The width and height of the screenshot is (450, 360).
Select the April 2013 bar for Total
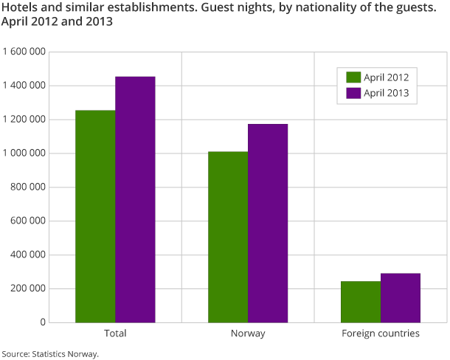[135, 199]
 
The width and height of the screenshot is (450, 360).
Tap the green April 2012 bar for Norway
[228, 237]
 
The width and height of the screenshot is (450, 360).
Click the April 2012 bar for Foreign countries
[361, 302]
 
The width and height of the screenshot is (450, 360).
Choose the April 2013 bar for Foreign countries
[401, 298]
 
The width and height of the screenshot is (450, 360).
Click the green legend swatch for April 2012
[353, 77]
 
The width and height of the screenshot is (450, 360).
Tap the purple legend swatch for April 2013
[353, 94]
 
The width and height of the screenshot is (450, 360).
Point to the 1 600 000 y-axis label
[25, 52]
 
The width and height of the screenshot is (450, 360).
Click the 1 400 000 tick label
[25, 86]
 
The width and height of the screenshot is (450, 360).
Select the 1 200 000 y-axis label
[25, 120]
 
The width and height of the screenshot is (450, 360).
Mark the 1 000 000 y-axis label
[25, 153]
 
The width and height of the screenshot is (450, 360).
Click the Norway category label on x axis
[248, 333]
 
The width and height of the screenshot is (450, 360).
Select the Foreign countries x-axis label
[381, 333]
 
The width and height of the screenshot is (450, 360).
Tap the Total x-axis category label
[115, 333]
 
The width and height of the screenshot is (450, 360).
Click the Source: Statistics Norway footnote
[50, 353]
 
